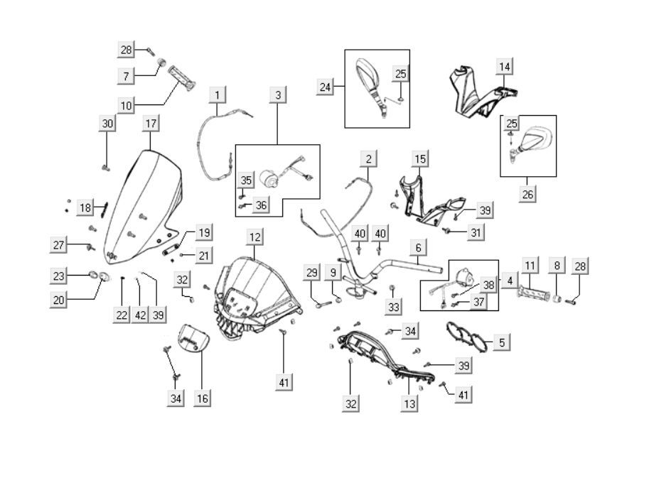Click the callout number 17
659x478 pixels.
[151, 124]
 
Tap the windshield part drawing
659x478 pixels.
[142, 206]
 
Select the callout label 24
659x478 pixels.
[326, 87]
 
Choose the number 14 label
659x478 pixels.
[504, 67]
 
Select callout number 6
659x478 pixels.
[418, 248]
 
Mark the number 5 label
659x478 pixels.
[501, 342]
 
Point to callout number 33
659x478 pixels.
[392, 307]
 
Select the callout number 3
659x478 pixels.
[278, 94]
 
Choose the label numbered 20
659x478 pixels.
[58, 300]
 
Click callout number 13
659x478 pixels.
[409, 403]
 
